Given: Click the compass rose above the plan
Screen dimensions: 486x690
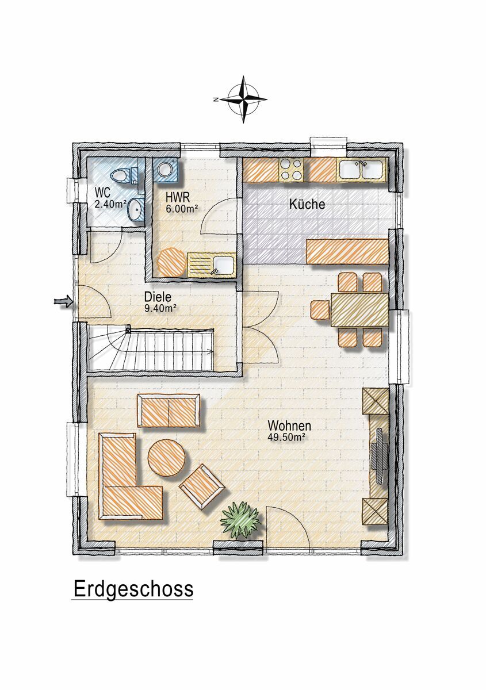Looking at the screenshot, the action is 243,99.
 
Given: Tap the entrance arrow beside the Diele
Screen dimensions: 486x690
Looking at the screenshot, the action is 63,301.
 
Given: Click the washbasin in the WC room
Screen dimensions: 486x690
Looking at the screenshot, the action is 135,210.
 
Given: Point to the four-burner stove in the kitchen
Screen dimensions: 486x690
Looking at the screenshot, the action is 291,170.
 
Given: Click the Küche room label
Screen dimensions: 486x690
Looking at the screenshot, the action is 307,204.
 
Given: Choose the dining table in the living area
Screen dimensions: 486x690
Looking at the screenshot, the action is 359,309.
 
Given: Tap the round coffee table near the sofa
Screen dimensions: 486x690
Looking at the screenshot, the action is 166,458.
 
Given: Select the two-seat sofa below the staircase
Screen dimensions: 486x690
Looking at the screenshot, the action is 169,411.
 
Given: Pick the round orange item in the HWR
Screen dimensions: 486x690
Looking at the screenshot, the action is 172,262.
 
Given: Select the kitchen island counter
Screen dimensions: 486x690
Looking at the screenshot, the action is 347,251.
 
